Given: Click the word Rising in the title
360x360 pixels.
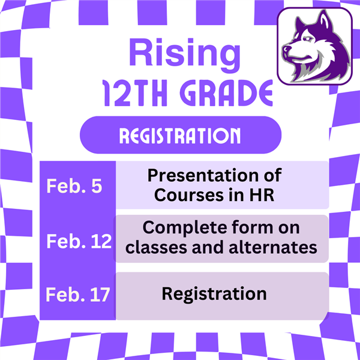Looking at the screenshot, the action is point(185,56).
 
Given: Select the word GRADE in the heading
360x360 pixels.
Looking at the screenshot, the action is point(226,93).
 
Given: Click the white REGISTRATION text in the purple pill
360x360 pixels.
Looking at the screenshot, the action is point(180,136).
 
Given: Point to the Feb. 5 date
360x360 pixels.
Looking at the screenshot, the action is point(74,186).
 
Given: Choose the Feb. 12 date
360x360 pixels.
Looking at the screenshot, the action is point(79,241).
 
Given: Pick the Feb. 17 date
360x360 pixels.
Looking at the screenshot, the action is point(78,295).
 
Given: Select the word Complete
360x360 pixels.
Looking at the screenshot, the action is point(185,228).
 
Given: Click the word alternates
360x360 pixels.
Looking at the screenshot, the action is point(273,247).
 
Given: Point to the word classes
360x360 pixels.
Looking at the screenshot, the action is point(156,247).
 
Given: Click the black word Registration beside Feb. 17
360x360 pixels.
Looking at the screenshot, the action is point(214,294).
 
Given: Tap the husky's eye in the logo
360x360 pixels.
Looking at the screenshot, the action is point(308,38).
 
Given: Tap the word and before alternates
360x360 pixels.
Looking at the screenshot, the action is point(208,247).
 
